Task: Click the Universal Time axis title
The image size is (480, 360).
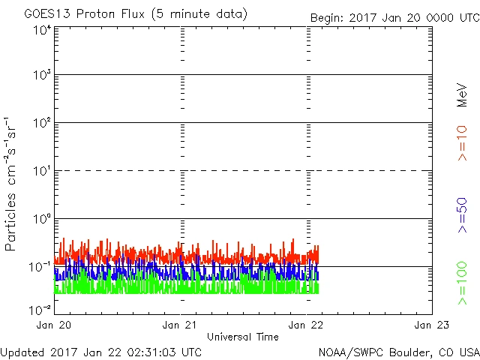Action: pyautogui.click(x=243, y=337)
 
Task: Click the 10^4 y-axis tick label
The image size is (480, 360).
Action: pyautogui.click(x=42, y=30)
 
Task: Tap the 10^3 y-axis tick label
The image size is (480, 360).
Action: pyautogui.click(x=42, y=76)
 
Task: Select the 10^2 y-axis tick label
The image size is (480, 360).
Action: pyautogui.click(x=42, y=124)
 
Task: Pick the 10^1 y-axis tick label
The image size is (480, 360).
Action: pyautogui.click(x=42, y=172)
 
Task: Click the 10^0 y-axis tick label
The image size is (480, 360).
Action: pyautogui.click(x=42, y=220)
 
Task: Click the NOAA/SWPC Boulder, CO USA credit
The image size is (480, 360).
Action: pyautogui.click(x=398, y=351)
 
